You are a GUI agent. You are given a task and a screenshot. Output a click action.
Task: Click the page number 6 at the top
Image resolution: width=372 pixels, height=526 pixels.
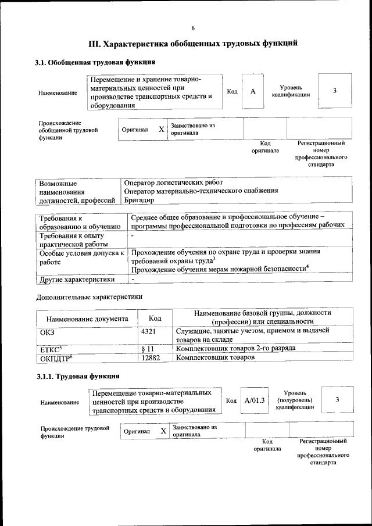click(x=192, y=28)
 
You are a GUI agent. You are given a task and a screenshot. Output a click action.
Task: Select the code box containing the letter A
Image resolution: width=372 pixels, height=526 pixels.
click(x=252, y=91)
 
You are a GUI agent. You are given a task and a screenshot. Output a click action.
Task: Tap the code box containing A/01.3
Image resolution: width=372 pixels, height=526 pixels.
click(x=255, y=400)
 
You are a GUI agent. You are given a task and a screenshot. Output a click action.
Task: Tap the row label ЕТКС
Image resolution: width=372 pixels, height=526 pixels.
click(x=51, y=349)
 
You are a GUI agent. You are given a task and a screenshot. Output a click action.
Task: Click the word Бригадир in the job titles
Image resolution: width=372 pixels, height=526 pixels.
click(x=140, y=200)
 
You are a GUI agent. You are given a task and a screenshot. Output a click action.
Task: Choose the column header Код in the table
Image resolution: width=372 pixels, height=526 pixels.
click(x=155, y=318)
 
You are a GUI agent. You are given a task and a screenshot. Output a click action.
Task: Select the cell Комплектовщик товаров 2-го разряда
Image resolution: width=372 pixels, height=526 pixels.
click(x=235, y=348)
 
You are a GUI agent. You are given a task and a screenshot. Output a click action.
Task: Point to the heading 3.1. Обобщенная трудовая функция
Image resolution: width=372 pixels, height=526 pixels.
click(x=95, y=62)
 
